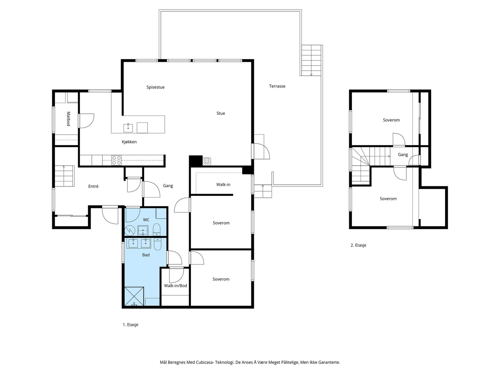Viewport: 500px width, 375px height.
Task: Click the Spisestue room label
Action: pyautogui.click(x=155, y=87)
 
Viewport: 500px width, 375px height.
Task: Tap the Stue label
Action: pyautogui.click(x=221, y=113)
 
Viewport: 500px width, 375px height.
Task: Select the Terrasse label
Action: pyautogui.click(x=277, y=86)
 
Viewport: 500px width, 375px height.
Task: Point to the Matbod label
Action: pyautogui.click(x=68, y=119)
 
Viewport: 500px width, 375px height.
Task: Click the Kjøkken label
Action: pyautogui.click(x=129, y=142)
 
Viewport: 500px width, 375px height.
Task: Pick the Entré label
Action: pyautogui.click(x=93, y=186)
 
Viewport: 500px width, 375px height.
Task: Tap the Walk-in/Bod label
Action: pyautogui.click(x=175, y=286)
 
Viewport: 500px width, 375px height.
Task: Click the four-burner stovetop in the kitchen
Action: pyautogui.click(x=116, y=160)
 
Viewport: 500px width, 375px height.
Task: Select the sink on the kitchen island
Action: pyautogui.click(x=128, y=128)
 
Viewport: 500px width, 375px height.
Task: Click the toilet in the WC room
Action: pyautogui.click(x=157, y=229)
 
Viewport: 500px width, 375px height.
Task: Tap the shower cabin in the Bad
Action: pyautogui.click(x=134, y=297)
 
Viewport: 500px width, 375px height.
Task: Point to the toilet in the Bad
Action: pyautogui.click(x=157, y=244)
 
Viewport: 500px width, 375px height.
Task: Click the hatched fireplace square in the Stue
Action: pyautogui.click(x=207, y=161)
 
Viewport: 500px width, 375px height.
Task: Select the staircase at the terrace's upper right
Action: pyautogui.click(x=311, y=60)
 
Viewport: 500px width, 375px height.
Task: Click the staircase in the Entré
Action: pyautogui.click(x=64, y=176)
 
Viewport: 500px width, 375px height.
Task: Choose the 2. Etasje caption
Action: pyautogui.click(x=358, y=245)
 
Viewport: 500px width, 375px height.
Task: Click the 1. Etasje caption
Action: pyautogui.click(x=130, y=325)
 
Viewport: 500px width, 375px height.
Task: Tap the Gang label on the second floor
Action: pyautogui.click(x=403, y=155)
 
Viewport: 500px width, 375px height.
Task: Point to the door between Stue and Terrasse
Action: pyautogui.click(x=261, y=151)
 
